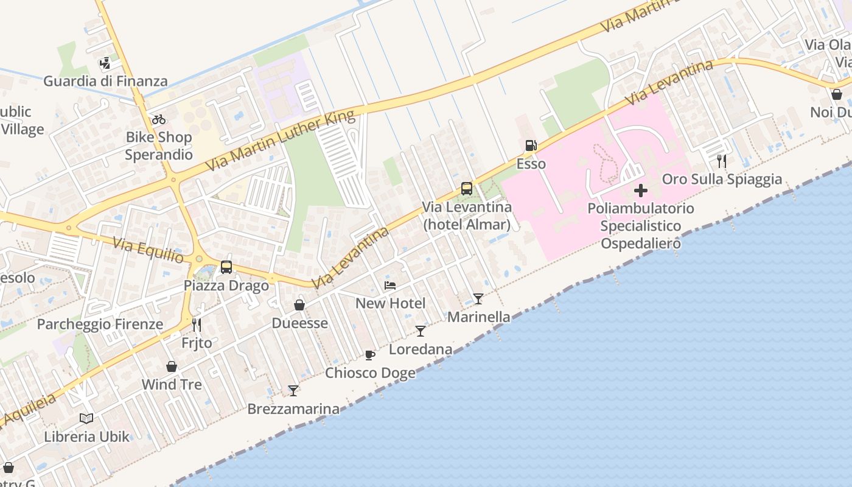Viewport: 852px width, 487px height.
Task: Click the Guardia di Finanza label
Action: [x=105, y=81]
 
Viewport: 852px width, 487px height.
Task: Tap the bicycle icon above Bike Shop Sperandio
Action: [x=159, y=119]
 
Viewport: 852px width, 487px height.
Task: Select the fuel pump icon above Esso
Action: [x=531, y=146]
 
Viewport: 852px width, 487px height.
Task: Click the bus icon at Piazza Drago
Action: [x=226, y=267]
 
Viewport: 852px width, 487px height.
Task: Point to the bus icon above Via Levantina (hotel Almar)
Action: [x=467, y=189]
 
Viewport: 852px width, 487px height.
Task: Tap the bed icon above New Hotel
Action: [x=390, y=285]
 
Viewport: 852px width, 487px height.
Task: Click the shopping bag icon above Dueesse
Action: [x=299, y=305]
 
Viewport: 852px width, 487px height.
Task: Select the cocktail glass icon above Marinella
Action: [x=478, y=299]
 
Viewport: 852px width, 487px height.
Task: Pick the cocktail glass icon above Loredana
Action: [x=421, y=331]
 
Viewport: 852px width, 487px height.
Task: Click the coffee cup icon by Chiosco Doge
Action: [x=370, y=355]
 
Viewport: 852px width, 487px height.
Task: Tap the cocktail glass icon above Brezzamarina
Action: [x=293, y=391]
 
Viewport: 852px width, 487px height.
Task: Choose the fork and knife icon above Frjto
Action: [x=197, y=324]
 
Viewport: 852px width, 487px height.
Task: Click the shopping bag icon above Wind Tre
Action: [x=172, y=366]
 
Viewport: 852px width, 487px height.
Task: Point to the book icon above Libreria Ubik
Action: [x=86, y=419]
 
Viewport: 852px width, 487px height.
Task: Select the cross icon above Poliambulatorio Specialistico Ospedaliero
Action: [x=640, y=191]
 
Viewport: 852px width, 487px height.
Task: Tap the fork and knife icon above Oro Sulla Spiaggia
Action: [x=722, y=161]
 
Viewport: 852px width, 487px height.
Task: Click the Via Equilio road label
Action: [x=148, y=251]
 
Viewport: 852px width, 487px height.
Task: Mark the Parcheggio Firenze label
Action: [x=100, y=324]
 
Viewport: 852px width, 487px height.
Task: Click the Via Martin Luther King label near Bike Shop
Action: [x=279, y=141]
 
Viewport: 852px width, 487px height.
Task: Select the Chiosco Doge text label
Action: [x=370, y=373]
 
